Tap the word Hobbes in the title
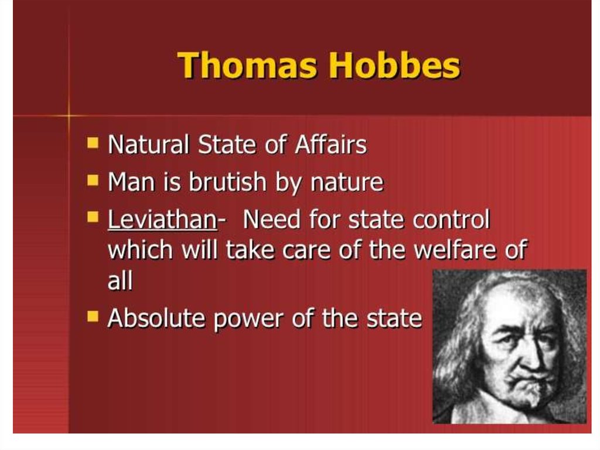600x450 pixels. pyautogui.click(x=394, y=65)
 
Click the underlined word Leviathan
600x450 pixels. pyautogui.click(x=163, y=219)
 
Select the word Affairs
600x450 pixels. pyautogui.click(x=330, y=144)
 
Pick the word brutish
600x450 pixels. pyautogui.click(x=227, y=181)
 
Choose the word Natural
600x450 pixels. pyautogui.click(x=148, y=144)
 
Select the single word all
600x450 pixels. pyautogui.click(x=120, y=280)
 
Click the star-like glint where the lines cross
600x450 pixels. pyautogui.click(x=69, y=115)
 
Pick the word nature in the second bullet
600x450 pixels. pyautogui.click(x=347, y=182)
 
